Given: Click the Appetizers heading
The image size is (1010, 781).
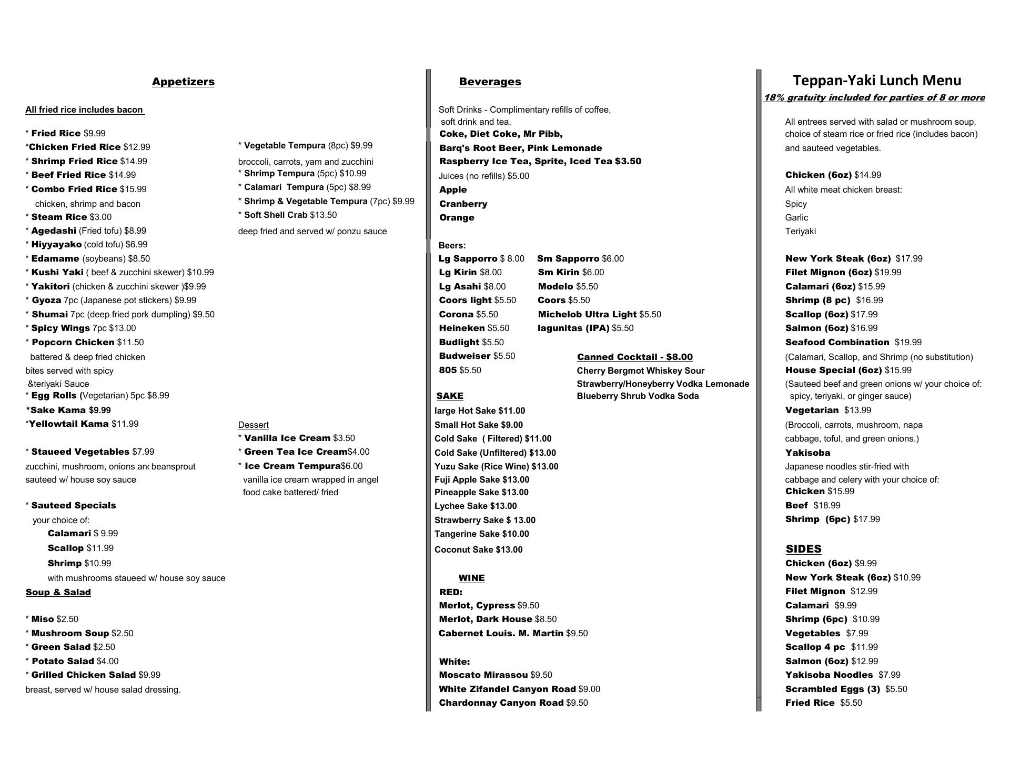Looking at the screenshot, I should (183, 82).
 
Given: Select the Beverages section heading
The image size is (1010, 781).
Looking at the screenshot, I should (490, 82).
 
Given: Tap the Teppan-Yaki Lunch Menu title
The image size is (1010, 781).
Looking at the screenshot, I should (877, 81).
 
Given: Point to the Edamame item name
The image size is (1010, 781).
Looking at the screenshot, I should (55, 258).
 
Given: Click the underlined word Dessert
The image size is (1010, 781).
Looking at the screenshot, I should (253, 425).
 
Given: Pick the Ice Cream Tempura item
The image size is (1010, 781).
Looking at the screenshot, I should (292, 466).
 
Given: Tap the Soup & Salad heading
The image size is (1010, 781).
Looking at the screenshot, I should (58, 592).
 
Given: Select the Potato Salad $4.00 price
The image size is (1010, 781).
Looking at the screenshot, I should (107, 661).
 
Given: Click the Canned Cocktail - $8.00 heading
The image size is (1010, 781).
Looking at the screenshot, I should (634, 357).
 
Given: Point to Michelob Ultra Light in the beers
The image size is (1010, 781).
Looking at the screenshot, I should (587, 314).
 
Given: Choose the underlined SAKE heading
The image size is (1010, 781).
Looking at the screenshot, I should (450, 396).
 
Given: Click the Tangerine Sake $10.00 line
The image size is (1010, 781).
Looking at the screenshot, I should (481, 534).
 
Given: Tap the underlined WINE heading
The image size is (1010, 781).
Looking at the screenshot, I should (471, 578).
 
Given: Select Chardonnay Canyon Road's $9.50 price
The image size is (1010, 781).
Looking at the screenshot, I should (577, 703).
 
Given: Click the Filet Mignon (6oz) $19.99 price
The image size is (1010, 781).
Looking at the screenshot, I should (887, 272).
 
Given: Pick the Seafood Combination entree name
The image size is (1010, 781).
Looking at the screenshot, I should (837, 342).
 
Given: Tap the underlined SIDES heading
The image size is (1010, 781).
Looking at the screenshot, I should (803, 549).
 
